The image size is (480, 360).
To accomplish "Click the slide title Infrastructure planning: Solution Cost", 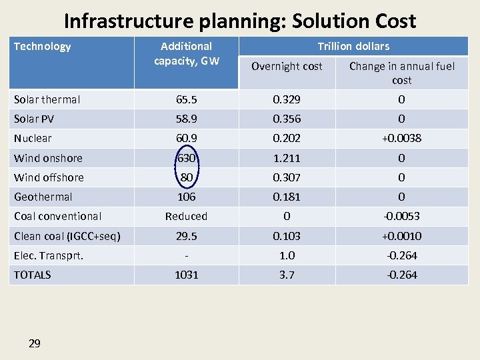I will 240,21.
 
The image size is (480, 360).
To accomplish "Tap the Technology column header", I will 43,46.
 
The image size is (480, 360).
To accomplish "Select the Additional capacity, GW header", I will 187,53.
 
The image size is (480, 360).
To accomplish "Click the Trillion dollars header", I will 353,46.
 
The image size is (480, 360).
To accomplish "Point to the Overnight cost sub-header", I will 287,66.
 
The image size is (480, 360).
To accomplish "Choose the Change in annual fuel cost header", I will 402,73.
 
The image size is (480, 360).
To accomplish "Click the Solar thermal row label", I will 47,99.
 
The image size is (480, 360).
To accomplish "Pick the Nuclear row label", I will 33,138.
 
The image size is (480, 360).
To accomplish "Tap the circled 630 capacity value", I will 187,158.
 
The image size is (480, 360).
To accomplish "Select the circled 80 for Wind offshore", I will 187,177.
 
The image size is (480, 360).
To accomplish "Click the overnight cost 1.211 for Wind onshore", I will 287,158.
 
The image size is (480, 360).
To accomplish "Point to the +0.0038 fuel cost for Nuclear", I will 402,138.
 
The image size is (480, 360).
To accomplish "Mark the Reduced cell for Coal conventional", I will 187,216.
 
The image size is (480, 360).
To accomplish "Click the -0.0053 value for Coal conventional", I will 402,216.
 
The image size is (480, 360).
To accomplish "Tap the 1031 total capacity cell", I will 187,275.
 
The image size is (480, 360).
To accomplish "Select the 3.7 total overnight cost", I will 287,275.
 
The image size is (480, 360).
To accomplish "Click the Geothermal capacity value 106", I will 187,197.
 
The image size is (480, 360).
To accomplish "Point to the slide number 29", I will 35,343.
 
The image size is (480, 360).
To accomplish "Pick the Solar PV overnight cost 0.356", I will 287,119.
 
